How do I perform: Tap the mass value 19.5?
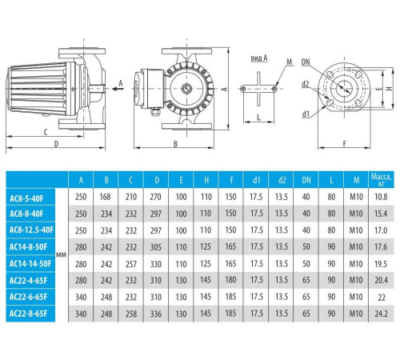381,262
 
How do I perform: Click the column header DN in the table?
305,179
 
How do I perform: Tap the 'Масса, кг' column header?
381,178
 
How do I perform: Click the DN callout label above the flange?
306,62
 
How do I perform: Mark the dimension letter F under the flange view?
342,144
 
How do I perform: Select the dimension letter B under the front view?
174,144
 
